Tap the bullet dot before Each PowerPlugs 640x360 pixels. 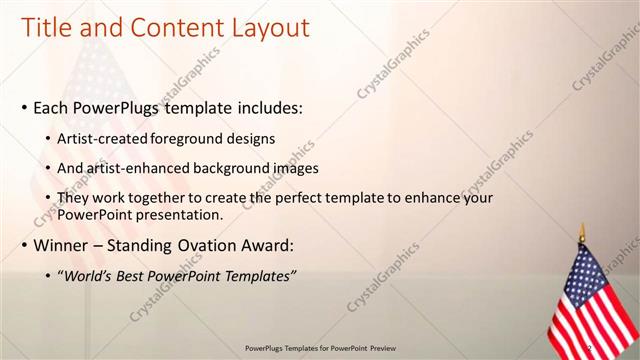24,108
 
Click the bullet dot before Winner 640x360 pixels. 24,246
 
